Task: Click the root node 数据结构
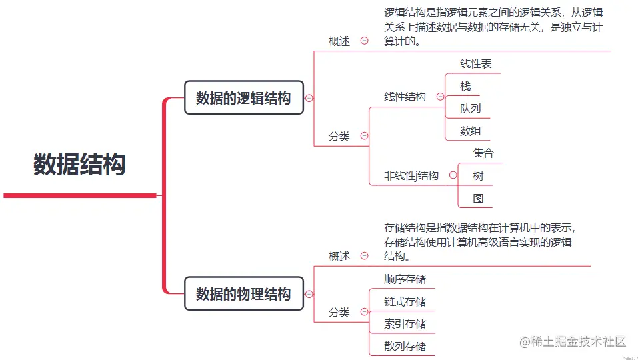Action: [80, 164]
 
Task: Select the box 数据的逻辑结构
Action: [243, 98]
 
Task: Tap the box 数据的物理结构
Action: [243, 294]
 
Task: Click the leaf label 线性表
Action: [476, 64]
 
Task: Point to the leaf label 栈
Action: [465, 87]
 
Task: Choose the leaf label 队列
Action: [470, 109]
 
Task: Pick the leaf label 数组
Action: [470, 131]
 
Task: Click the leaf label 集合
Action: [483, 153]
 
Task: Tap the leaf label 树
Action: [478, 176]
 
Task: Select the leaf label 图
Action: [478, 199]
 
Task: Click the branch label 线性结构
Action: [405, 97]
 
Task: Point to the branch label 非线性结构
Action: [411, 176]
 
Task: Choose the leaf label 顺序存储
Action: [405, 279]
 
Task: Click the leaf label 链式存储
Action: [405, 302]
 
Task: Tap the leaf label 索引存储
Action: [405, 324]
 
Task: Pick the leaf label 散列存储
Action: [405, 347]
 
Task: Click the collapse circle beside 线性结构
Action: [440, 97]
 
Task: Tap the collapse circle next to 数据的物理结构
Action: [309, 293]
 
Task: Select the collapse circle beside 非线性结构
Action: [453, 175]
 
